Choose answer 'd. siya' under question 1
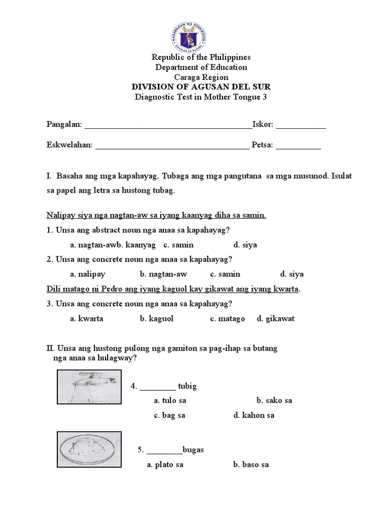point(245,245)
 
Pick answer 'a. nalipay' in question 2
point(88,274)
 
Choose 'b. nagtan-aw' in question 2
point(160,274)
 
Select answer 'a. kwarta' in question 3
point(87,318)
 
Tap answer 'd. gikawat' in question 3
point(275,318)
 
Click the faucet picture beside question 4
point(89,387)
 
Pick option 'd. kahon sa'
point(254,415)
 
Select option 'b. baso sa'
point(251,465)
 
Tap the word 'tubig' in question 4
point(187,386)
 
